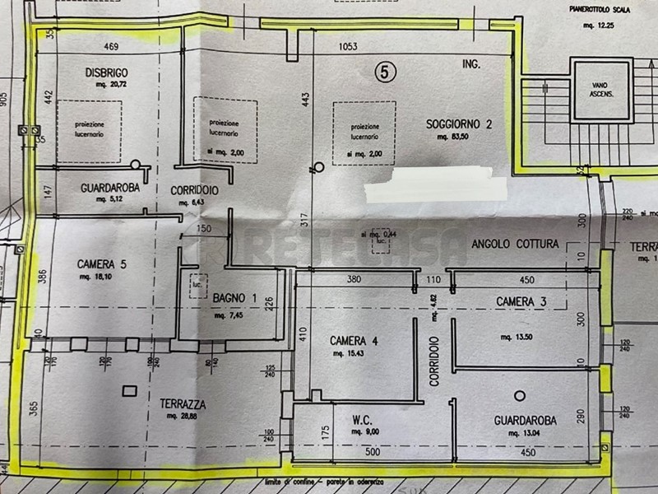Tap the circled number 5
click(x=382, y=72)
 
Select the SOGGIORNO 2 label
click(x=459, y=124)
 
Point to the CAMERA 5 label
click(x=101, y=264)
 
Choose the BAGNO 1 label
click(x=236, y=297)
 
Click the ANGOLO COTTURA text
click(x=515, y=245)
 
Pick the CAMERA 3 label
click(x=521, y=302)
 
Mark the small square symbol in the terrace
click(x=127, y=389)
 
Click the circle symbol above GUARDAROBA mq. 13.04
click(x=519, y=395)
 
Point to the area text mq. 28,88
click(x=183, y=418)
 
